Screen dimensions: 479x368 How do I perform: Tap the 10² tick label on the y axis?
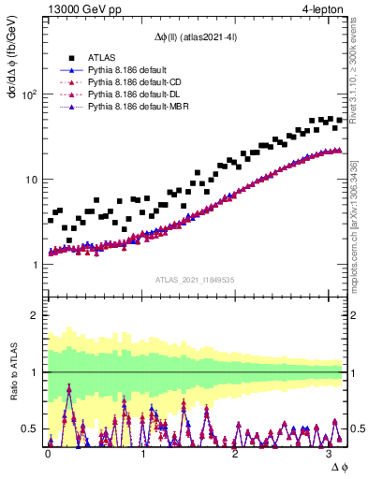click(30, 94)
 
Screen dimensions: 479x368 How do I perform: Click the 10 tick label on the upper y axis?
click(33, 180)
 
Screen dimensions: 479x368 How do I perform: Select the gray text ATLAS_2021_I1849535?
click(195, 280)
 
